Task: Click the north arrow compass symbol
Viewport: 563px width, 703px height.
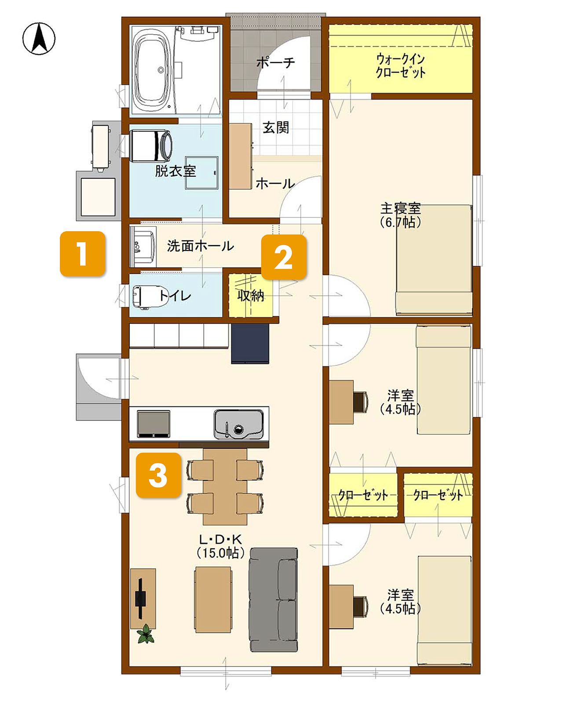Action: (39, 39)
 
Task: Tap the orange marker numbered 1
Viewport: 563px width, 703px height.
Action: (82, 254)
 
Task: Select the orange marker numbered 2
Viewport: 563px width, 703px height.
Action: (284, 257)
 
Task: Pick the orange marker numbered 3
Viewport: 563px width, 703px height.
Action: (158, 475)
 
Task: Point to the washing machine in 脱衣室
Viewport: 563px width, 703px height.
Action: (151, 146)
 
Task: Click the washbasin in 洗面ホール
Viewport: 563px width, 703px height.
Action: (143, 246)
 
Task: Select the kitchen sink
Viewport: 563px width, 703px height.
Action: (238, 424)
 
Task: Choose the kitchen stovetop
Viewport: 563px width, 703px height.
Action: (154, 424)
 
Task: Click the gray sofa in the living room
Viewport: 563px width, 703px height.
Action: (274, 600)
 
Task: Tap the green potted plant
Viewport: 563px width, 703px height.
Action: (146, 634)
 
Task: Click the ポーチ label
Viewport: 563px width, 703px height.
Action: (275, 62)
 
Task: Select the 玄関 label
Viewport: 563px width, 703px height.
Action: (276, 127)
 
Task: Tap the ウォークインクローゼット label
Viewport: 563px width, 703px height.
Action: (400, 65)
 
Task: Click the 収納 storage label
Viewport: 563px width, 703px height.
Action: (251, 295)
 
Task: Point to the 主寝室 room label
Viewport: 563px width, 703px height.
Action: (400, 208)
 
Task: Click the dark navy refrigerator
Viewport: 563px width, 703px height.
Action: (250, 343)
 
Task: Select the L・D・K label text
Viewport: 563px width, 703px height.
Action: (220, 539)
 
